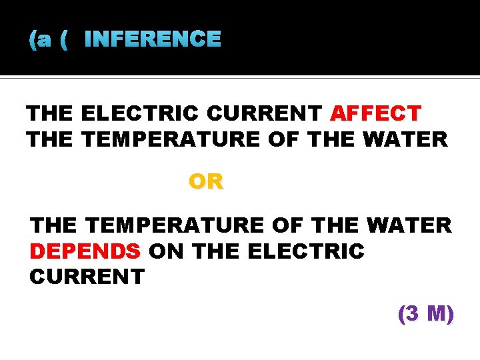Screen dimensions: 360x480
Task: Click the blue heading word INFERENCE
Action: pos(153,39)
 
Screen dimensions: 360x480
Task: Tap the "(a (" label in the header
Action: pos(49,40)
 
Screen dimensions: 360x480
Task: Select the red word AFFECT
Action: pos(375,113)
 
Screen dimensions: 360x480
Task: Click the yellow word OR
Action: pos(206,181)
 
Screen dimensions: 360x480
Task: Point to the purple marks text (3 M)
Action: pos(425,313)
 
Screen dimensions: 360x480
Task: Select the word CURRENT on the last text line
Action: pos(87,277)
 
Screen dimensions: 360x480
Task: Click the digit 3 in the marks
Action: pos(413,313)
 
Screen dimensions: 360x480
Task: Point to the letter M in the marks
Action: pos(437,313)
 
